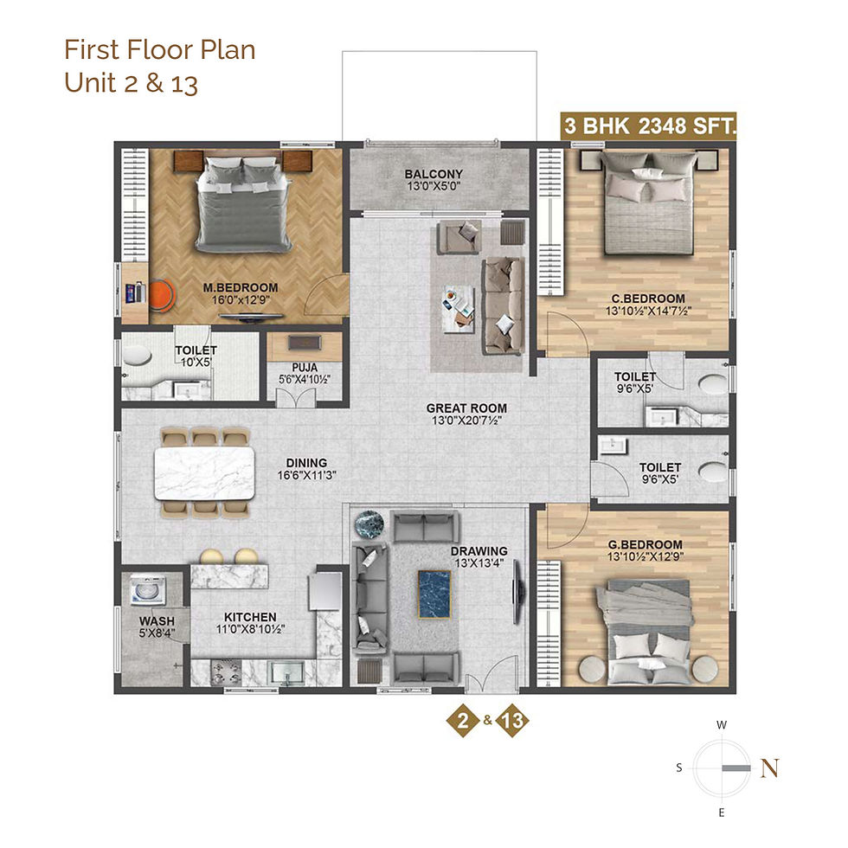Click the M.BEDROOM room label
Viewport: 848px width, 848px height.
[x=241, y=287]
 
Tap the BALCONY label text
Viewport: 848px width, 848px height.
[x=434, y=174]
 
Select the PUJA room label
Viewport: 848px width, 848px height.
[x=305, y=368]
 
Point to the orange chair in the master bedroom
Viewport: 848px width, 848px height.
[x=162, y=295]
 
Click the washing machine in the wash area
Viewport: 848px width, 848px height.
[x=148, y=590]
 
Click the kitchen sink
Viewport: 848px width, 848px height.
[x=287, y=673]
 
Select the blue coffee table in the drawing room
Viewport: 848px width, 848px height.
[x=434, y=594]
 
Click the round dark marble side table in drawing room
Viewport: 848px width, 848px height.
[x=369, y=524]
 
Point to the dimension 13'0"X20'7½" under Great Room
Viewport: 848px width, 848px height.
[x=466, y=421]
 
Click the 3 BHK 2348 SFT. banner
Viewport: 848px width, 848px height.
[x=648, y=126]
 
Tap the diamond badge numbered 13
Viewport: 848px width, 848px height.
[x=512, y=720]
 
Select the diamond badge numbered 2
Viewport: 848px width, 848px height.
[x=463, y=720]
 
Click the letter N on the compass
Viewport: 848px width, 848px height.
[x=770, y=768]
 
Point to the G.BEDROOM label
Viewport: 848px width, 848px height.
[x=646, y=544]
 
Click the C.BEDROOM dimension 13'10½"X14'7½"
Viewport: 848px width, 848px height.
[x=648, y=311]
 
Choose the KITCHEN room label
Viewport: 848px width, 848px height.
[x=250, y=617]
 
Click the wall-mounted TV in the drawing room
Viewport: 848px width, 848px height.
[x=517, y=593]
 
